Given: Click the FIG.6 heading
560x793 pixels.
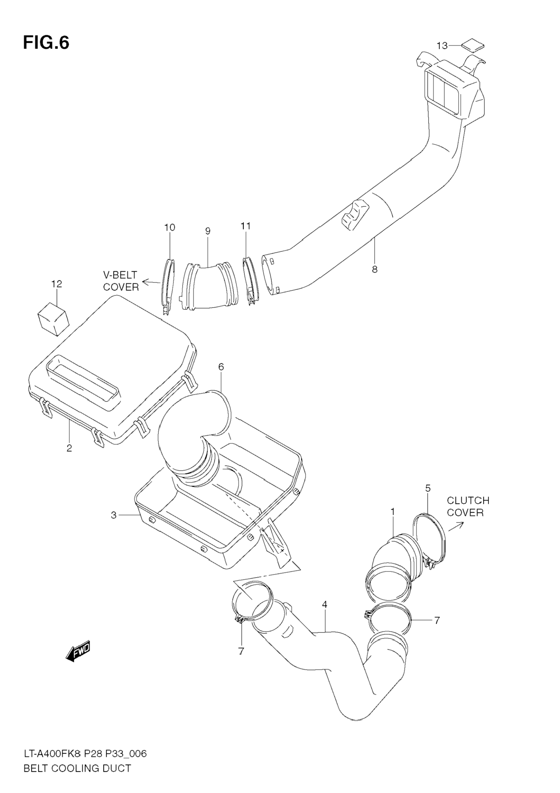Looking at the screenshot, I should click(x=46, y=43).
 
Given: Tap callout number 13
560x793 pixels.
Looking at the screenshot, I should click(x=442, y=46).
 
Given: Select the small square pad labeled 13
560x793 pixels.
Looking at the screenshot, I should click(x=473, y=45).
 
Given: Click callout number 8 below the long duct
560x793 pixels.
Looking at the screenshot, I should click(x=375, y=270).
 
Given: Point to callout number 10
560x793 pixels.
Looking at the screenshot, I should click(x=169, y=228).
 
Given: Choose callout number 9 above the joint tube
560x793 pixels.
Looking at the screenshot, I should click(x=208, y=231).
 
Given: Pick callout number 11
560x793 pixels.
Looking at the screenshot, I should click(x=246, y=226).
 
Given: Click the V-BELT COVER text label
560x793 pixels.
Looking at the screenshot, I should click(x=121, y=281).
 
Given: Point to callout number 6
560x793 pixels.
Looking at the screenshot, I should click(x=221, y=367).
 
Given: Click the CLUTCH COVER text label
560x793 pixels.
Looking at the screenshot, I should click(x=468, y=506).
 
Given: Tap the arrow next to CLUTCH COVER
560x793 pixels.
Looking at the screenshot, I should click(x=456, y=527).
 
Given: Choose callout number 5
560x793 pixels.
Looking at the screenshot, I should click(x=428, y=488).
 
